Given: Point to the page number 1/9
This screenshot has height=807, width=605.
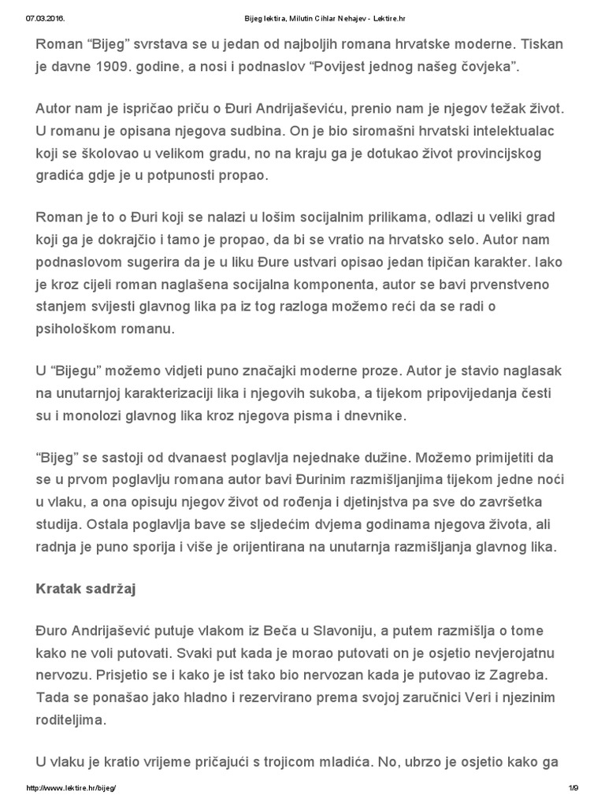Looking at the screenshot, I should (573, 789).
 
